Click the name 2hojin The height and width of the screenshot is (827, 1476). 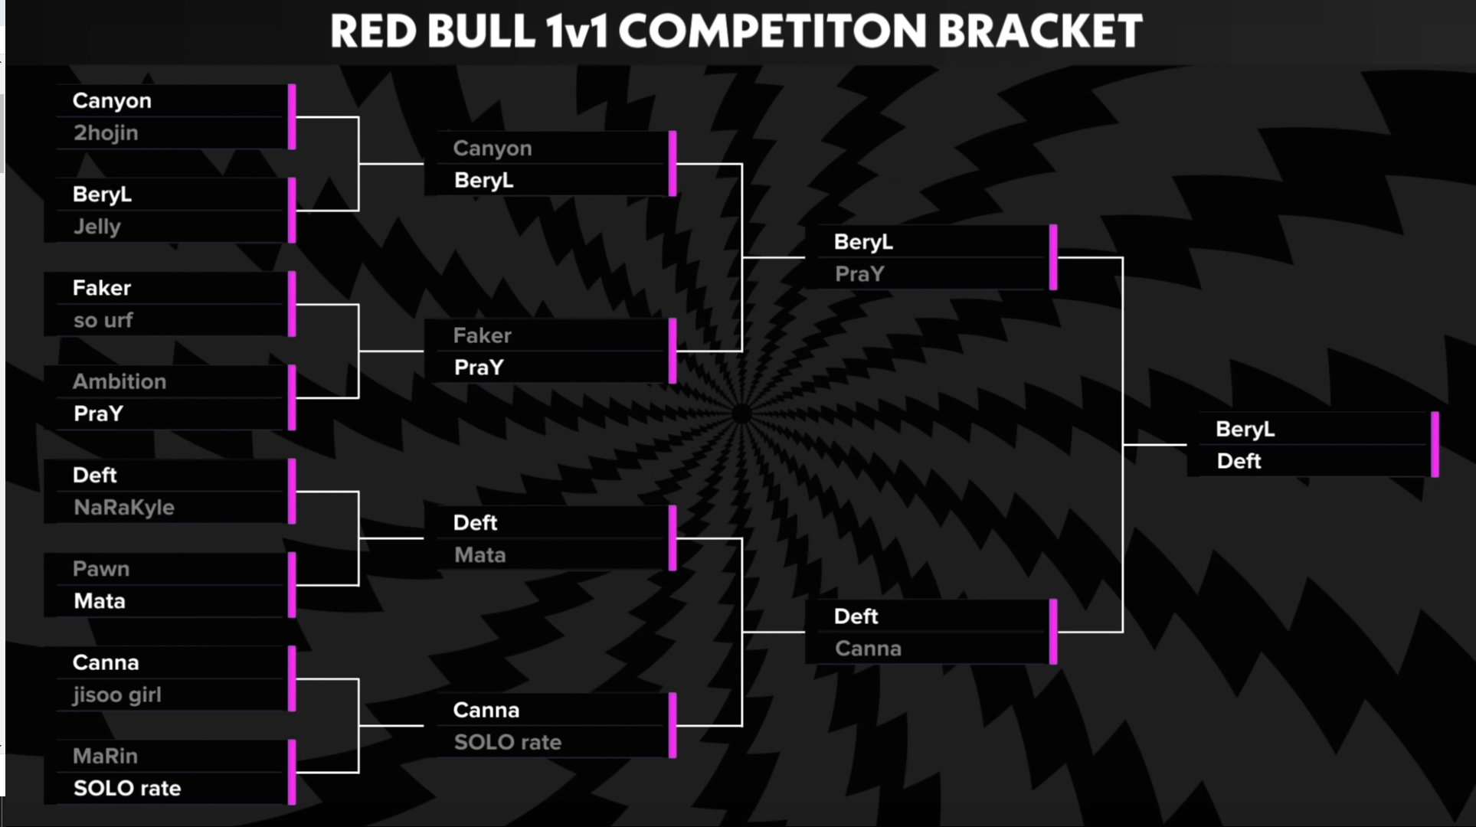(106, 133)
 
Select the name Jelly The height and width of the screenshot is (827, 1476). (97, 227)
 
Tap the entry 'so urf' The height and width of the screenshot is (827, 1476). (103, 320)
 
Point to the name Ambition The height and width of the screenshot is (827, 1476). (119, 381)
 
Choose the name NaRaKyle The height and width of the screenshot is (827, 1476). (124, 507)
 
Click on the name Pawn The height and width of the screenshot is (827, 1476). (101, 569)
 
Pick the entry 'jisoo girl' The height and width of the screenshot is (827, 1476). (117, 695)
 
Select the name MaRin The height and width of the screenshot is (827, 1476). (106, 756)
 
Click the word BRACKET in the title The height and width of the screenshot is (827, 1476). (1040, 31)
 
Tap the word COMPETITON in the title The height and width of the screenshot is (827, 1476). (772, 31)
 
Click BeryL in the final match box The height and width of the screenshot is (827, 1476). (1245, 430)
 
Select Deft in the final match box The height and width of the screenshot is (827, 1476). (1239, 461)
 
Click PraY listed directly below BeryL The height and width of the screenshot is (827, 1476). (859, 274)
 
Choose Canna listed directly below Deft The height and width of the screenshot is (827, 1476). (868, 649)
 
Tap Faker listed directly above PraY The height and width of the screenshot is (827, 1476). (482, 335)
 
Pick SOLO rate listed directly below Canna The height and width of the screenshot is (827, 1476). (508, 742)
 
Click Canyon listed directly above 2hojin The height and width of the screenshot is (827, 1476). (112, 101)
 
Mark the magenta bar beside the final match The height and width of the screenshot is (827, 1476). (1435, 445)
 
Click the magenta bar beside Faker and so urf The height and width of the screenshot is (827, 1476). (292, 304)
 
